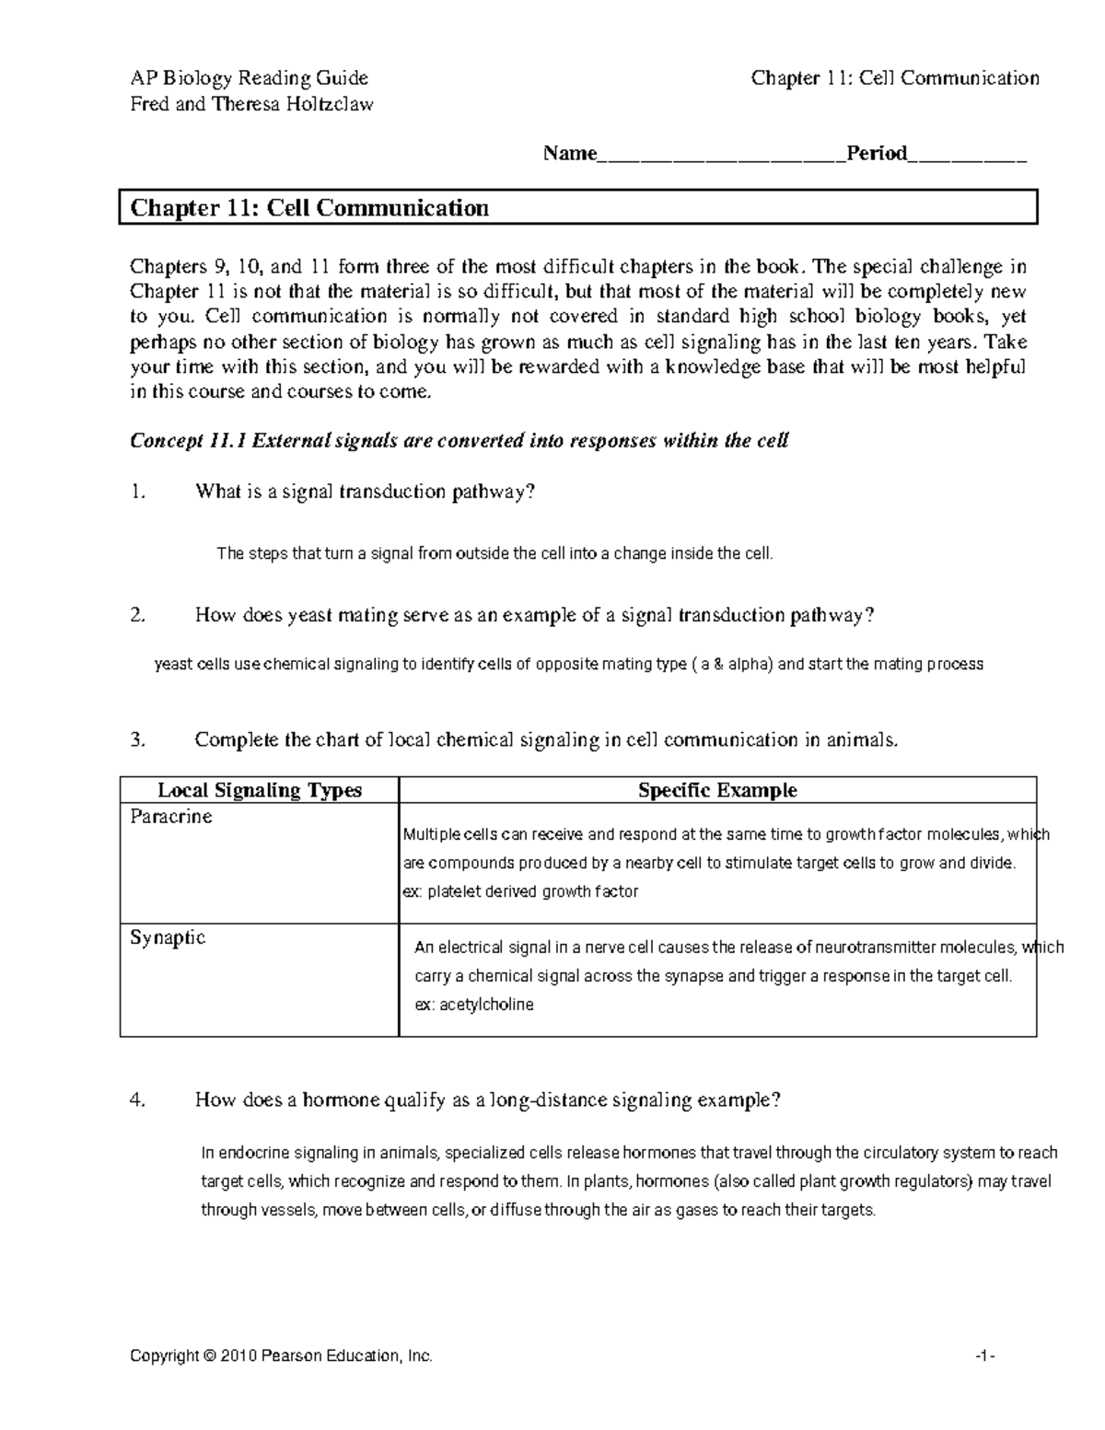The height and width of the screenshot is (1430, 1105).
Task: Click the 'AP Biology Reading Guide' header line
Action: [x=249, y=78]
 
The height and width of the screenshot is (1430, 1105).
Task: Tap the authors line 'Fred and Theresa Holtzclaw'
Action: [x=251, y=104]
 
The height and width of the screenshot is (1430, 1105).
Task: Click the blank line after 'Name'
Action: [x=721, y=155]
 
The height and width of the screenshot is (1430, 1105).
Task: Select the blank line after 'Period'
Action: [x=967, y=155]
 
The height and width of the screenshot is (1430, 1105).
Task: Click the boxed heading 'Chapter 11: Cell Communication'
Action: [x=309, y=208]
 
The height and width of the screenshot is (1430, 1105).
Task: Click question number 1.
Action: [x=137, y=492]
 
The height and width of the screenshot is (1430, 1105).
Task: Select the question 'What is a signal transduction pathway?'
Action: [x=365, y=492]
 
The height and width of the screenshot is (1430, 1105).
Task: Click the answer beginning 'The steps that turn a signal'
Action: [x=494, y=553]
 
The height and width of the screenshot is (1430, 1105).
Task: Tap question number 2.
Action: [x=137, y=616]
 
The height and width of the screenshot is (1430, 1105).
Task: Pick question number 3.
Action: [x=137, y=740]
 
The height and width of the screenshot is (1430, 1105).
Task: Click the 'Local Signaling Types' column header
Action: [x=260, y=790]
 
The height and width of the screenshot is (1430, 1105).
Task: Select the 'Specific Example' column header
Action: [x=717, y=790]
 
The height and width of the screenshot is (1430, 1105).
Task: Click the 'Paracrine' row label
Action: [x=171, y=817]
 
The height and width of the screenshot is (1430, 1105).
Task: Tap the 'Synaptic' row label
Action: [x=168, y=937]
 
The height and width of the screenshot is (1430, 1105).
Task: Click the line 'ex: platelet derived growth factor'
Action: [x=521, y=891]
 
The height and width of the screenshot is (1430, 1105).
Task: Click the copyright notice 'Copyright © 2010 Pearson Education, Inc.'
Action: [x=281, y=1356]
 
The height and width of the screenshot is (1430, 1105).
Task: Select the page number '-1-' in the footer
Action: [x=987, y=1356]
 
